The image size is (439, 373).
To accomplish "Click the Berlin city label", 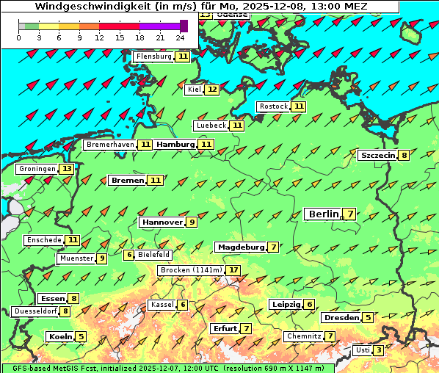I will click(323, 214).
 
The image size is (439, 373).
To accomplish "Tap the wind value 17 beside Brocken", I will click(233, 270).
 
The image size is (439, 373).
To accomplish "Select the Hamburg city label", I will click(175, 145).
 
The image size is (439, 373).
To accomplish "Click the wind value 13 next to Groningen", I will click(68, 169).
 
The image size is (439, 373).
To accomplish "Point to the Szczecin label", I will click(377, 155).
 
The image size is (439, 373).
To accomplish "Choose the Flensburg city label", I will click(153, 57).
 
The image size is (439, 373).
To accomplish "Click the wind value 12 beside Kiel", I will click(212, 90).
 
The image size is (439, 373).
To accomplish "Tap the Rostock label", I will click(274, 106).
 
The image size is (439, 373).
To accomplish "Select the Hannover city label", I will click(162, 222).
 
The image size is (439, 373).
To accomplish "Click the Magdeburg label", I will click(240, 247).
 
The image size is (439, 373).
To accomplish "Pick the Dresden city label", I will click(341, 318).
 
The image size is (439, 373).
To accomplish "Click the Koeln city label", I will click(59, 337).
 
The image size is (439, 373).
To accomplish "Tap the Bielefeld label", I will click(153, 255).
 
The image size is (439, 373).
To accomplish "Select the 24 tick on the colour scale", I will click(180, 37).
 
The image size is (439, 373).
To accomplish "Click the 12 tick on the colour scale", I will click(99, 37).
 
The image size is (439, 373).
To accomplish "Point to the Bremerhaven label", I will click(109, 145).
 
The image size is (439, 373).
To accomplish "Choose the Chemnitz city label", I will click(303, 336).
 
